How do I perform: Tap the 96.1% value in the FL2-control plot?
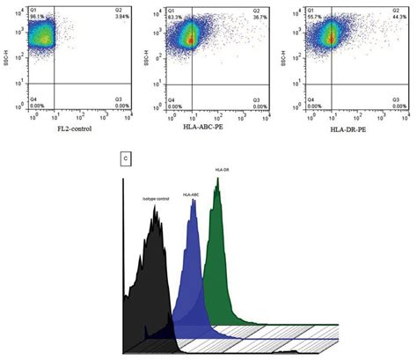click(36, 17)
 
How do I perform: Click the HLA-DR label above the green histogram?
click(221, 169)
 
